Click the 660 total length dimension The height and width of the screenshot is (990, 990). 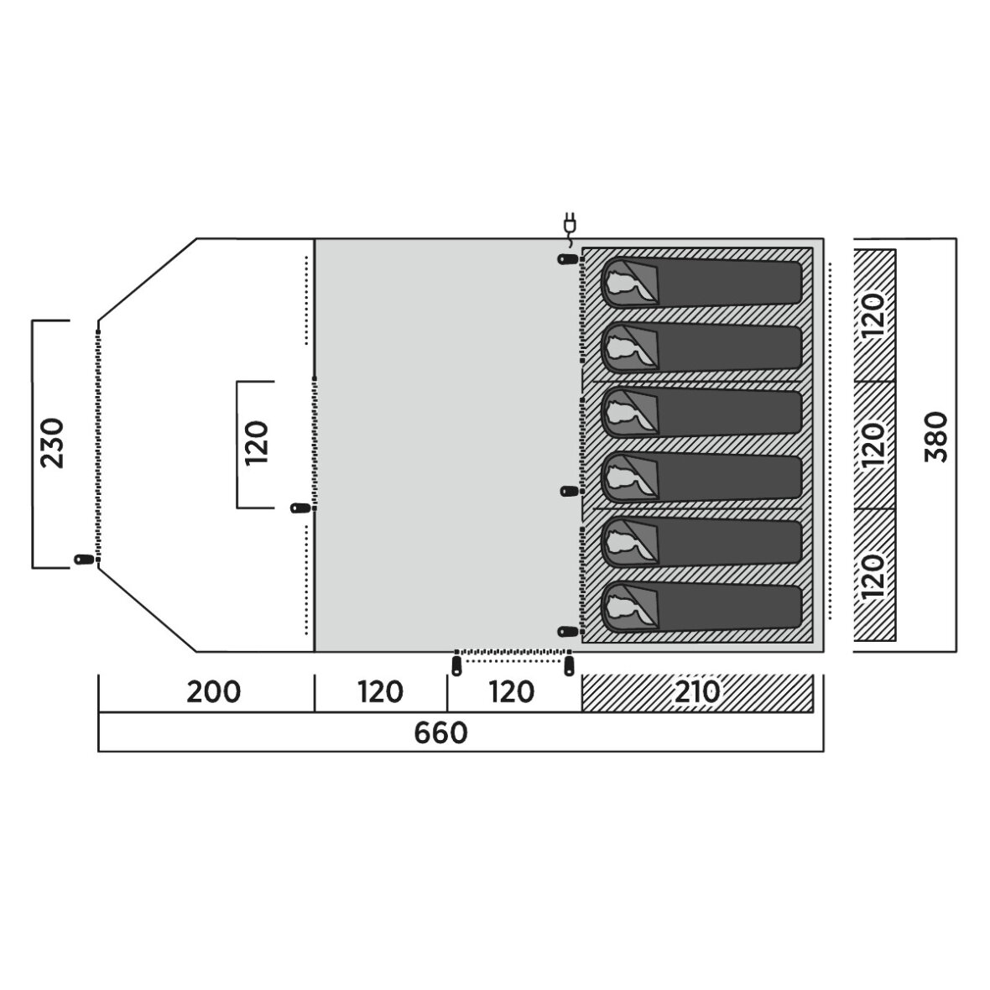tap(440, 733)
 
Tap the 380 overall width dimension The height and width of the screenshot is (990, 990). tap(936, 437)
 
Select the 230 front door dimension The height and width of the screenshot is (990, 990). tap(52, 443)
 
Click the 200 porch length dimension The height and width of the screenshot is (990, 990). tap(213, 692)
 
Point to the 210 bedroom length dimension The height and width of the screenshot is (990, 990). tap(698, 692)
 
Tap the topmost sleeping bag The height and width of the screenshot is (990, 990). tap(701, 283)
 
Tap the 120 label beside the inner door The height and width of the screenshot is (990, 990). tap(257, 443)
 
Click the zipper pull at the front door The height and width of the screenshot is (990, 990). tap(82, 559)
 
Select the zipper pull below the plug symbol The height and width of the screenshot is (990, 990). tap(567, 259)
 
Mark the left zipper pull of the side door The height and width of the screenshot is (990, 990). tap(456, 666)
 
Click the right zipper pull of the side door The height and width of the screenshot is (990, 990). tap(570, 666)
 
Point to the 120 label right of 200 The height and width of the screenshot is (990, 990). tap(381, 692)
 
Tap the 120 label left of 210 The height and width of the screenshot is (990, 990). tap(512, 692)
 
